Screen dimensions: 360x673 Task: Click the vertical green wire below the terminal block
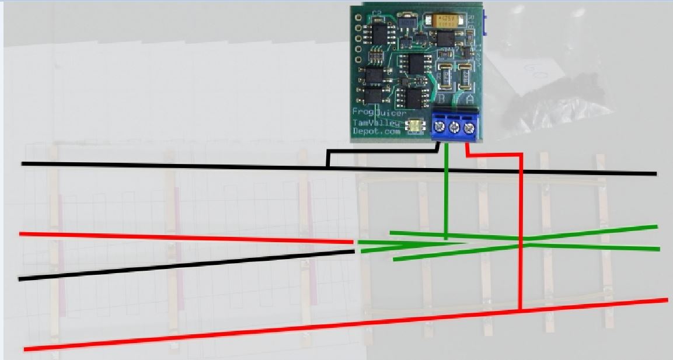[x=446, y=193]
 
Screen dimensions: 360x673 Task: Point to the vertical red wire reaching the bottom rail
[x=520, y=233]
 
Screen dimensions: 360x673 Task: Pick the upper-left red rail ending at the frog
[x=187, y=237]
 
